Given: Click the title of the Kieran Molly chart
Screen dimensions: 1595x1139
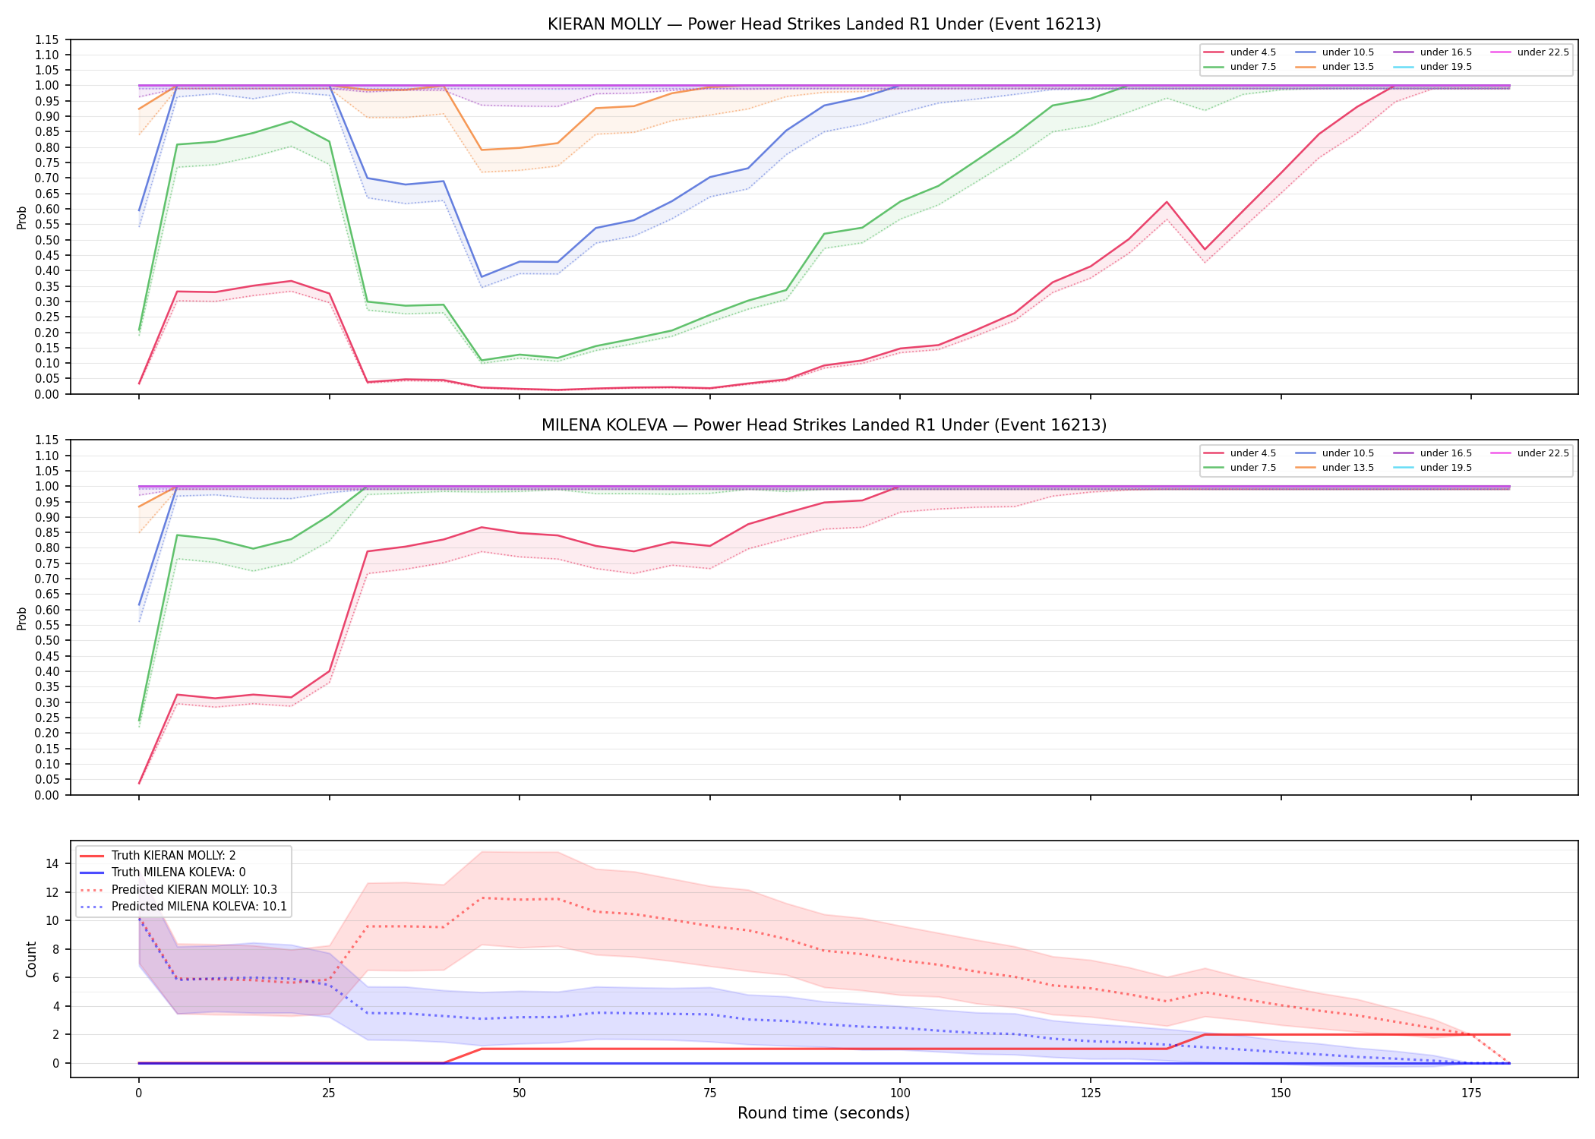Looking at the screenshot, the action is point(824,24).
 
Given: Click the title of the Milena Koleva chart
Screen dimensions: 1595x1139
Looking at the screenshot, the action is point(824,425).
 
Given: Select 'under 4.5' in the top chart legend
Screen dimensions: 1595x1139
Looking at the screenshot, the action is point(1252,52).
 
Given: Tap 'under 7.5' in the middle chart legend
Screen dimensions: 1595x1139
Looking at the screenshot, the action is point(1252,468).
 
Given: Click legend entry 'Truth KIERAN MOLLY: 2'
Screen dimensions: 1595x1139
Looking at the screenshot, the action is point(173,856).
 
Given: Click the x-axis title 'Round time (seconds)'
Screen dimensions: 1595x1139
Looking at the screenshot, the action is point(823,1113).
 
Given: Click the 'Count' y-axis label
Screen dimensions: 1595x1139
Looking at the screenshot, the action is point(31,959).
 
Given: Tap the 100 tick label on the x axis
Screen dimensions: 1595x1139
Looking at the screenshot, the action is point(899,1093).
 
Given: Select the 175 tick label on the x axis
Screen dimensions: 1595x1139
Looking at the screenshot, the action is point(1471,1093).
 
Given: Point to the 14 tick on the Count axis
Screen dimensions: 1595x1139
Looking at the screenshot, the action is point(53,863).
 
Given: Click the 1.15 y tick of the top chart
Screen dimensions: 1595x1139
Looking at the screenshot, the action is point(47,39).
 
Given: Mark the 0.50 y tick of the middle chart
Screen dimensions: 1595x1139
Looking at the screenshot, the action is point(47,640).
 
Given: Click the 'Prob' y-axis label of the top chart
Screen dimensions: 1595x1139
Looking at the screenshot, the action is point(21,217).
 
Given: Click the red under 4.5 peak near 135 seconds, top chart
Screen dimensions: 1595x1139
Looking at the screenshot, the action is point(1167,202).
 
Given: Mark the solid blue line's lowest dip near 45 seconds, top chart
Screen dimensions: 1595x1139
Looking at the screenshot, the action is point(482,277).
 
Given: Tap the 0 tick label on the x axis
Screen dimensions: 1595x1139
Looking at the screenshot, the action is point(138,1093).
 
